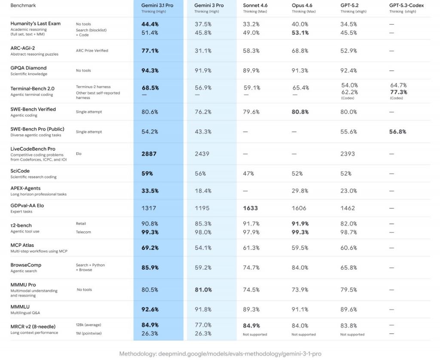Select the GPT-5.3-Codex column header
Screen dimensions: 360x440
point(406,6)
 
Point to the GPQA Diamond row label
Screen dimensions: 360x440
point(28,68)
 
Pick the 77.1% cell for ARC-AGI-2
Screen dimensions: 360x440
point(150,51)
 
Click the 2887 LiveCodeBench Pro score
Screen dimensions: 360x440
point(149,154)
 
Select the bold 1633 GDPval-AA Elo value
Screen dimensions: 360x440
point(251,208)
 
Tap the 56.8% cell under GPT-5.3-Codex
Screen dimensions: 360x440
point(397,132)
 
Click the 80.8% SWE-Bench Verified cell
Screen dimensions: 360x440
point(300,112)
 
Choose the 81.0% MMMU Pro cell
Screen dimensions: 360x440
point(203,290)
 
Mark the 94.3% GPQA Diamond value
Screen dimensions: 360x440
point(150,71)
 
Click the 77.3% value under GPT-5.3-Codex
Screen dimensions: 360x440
point(398,92)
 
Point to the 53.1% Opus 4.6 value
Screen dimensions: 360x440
point(300,33)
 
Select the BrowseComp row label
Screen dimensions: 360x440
point(26,265)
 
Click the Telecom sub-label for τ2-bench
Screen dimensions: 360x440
point(83,232)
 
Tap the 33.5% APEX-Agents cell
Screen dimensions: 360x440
point(150,191)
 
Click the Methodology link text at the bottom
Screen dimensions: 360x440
point(220,354)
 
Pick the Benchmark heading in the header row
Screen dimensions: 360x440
point(23,6)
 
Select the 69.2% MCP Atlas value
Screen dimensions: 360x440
point(150,248)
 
